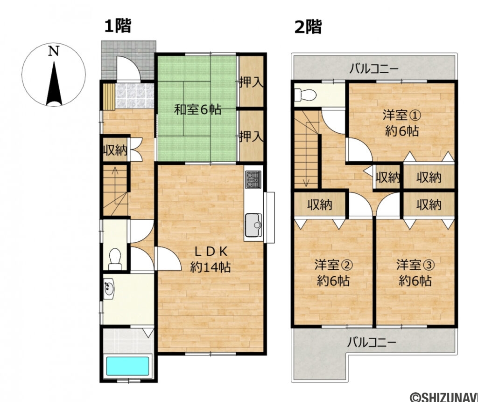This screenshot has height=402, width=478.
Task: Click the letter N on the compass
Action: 55,52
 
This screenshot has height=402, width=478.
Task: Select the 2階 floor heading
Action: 308,27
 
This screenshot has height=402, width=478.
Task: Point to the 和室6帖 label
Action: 197,110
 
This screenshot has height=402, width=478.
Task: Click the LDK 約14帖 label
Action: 211,259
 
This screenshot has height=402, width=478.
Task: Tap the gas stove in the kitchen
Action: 253,179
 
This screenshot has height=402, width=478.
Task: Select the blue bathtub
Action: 127,366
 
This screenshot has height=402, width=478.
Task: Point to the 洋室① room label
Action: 401,123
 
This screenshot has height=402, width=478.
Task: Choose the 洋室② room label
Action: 333,273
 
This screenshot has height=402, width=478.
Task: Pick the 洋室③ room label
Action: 415,273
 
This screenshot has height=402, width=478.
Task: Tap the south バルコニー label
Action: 372,343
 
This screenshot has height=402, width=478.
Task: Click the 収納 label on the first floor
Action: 115,151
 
